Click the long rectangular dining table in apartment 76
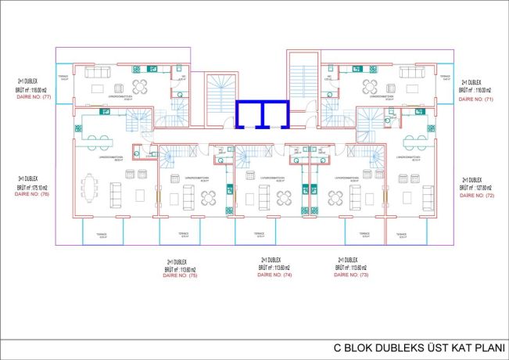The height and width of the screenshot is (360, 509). point(88,188)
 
